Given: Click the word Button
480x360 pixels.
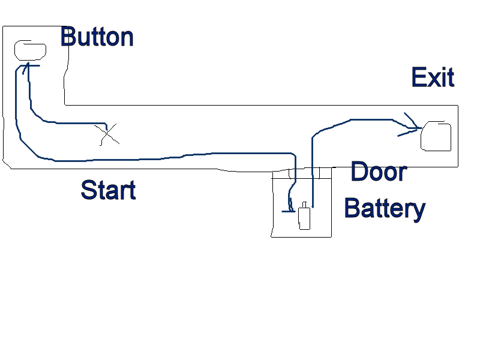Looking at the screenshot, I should (97, 37).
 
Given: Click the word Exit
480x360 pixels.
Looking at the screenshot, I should (433, 78).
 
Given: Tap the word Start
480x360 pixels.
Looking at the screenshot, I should (108, 190).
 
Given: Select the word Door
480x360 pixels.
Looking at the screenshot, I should (379, 172).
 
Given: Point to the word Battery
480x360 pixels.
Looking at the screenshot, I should (385, 209).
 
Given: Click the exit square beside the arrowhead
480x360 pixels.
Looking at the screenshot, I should (436, 136).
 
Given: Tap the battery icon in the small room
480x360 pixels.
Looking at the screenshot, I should (305, 218).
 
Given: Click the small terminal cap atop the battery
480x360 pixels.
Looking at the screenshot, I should (305, 205).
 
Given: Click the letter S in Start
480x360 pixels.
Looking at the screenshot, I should (88, 190).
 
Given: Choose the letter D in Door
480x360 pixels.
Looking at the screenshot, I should (359, 172).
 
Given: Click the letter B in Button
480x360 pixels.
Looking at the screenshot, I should (68, 37).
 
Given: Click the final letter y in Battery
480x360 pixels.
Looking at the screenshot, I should (419, 212).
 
